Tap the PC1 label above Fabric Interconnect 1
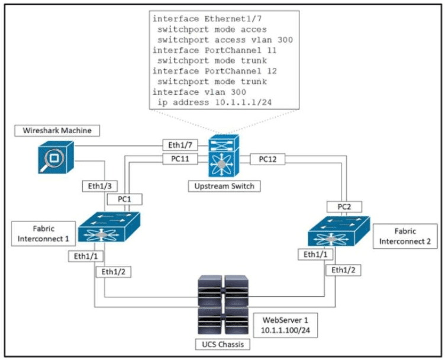click(124, 200)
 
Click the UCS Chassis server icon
click(222, 306)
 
